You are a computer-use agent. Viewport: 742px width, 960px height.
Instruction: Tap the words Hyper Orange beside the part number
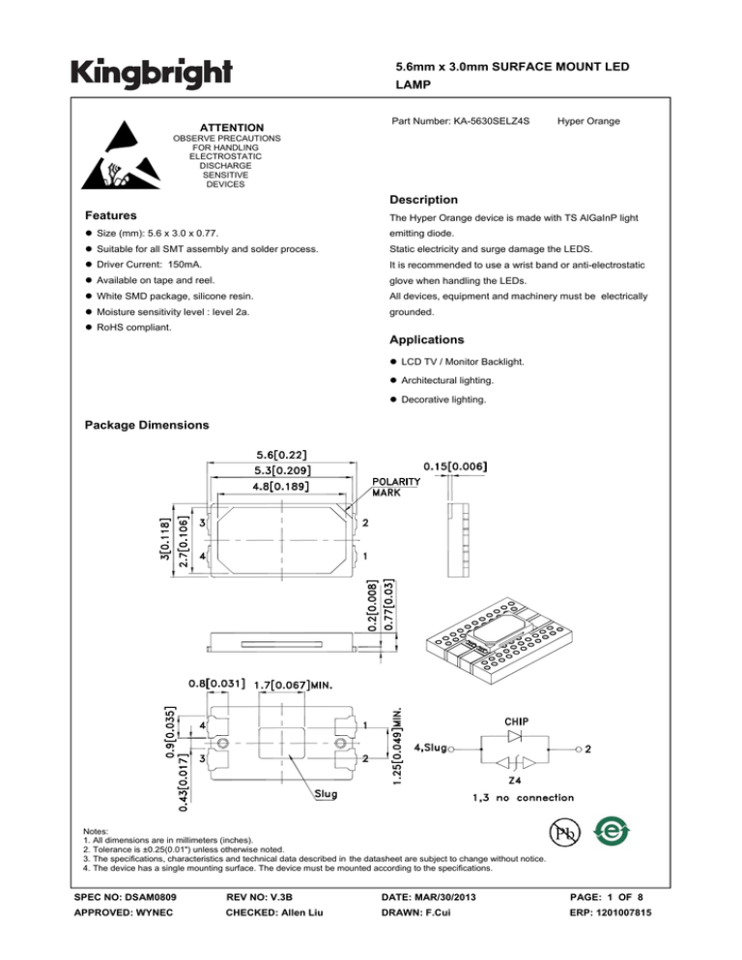588,122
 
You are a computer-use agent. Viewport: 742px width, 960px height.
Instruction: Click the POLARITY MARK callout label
396,485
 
